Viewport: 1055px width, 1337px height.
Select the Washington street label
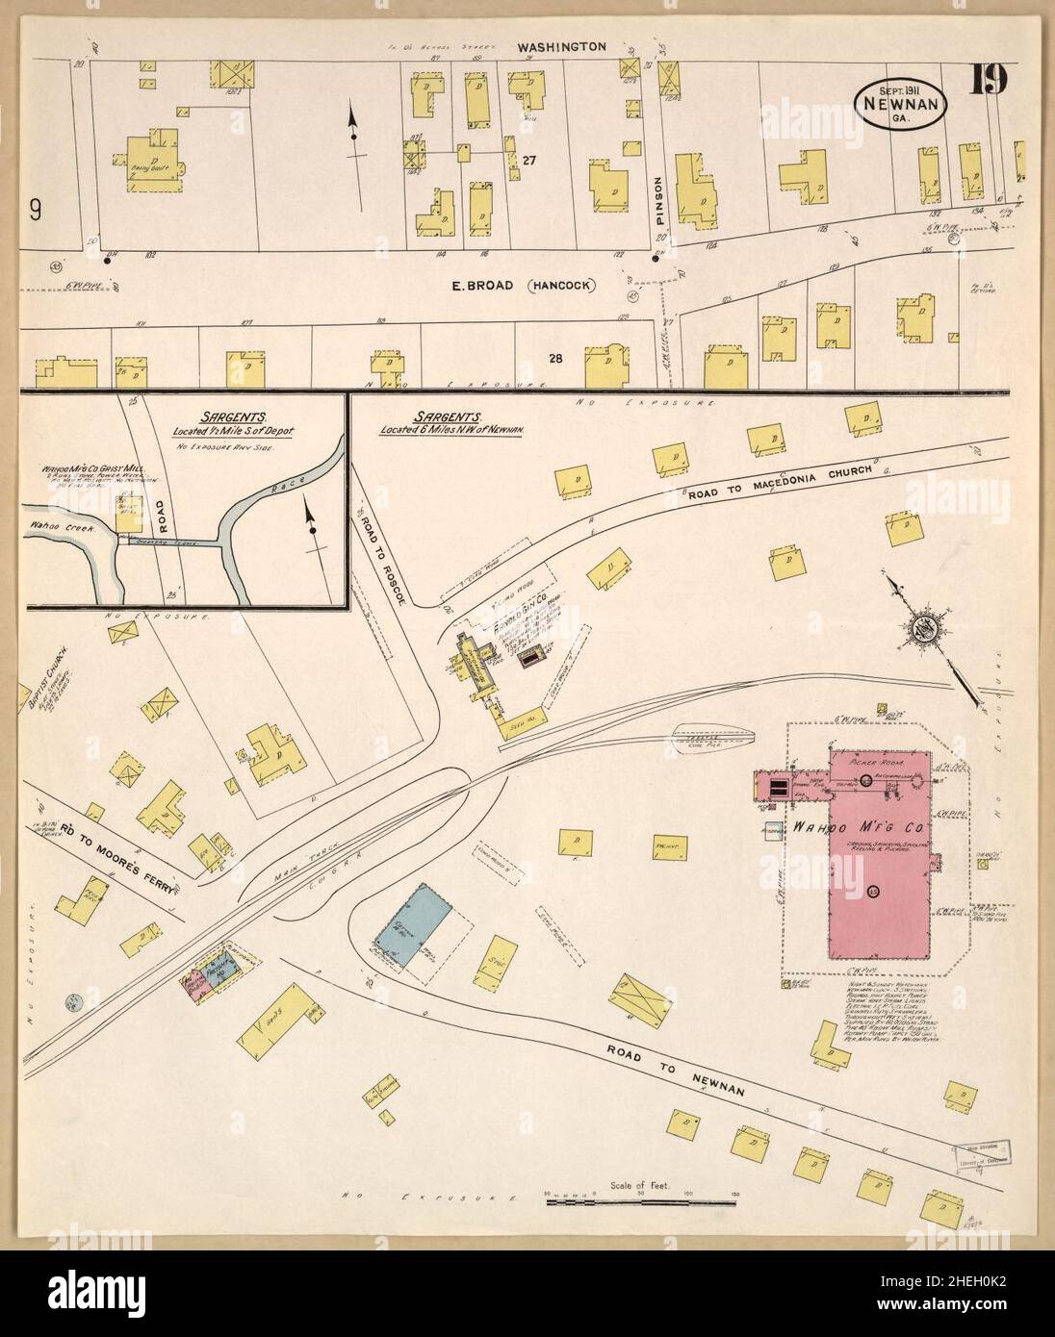point(561,46)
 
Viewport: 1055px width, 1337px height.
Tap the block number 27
point(529,161)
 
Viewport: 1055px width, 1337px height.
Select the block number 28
point(554,359)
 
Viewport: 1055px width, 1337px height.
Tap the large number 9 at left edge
point(35,212)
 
